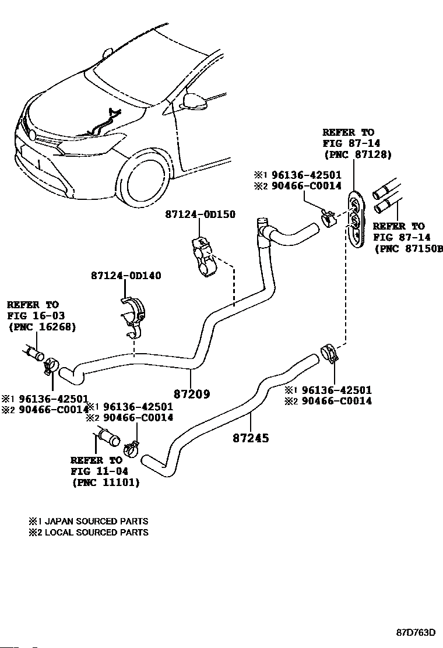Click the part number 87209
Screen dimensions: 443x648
[192, 394]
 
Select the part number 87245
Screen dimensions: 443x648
[251, 438]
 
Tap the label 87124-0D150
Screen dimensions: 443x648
[201, 214]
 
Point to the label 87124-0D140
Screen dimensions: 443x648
[126, 275]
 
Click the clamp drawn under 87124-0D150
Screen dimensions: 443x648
[204, 257]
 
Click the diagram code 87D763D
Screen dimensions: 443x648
[416, 632]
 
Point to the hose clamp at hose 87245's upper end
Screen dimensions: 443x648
[329, 353]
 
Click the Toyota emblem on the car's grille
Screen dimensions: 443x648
[32, 135]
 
